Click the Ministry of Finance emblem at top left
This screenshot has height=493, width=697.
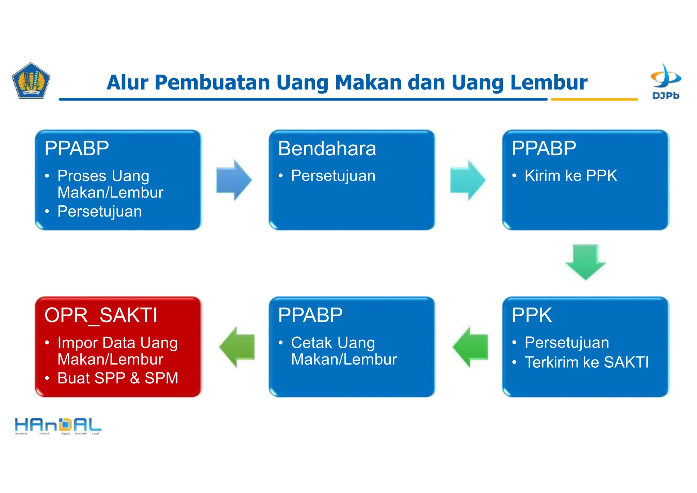click(x=31, y=81)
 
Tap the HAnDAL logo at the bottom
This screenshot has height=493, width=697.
click(x=58, y=426)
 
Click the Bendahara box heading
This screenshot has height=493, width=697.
click(x=327, y=149)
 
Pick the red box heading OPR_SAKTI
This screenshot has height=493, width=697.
click(x=101, y=315)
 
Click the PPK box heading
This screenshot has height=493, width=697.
click(x=532, y=315)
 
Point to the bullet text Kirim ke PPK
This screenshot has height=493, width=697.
click(x=571, y=176)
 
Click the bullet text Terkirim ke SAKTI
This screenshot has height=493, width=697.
click(x=587, y=362)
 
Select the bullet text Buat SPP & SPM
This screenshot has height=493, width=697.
click(x=118, y=378)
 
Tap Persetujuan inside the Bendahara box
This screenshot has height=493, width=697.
click(x=333, y=176)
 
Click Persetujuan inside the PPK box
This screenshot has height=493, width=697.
click(x=567, y=343)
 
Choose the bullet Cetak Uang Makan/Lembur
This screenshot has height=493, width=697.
click(x=344, y=351)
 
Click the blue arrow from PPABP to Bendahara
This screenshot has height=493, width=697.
click(x=234, y=180)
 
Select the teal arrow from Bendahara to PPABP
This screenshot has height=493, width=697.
click(x=467, y=180)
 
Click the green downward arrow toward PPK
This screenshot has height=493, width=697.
click(x=585, y=261)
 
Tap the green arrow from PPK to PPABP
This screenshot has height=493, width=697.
click(x=471, y=347)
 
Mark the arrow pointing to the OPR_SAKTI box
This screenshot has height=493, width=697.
click(x=237, y=347)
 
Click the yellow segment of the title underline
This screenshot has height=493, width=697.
click(x=594, y=99)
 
